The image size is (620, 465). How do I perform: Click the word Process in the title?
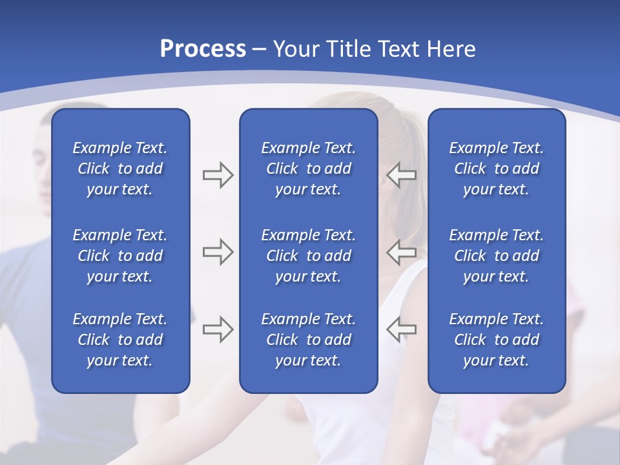coord(203,49)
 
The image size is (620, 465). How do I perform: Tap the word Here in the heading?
coord(450,49)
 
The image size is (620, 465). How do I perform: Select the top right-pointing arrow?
coord(218,175)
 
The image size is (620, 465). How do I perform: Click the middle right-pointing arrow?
coord(218,252)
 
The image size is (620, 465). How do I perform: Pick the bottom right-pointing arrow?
coord(218,329)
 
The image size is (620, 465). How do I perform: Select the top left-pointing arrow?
coord(402,175)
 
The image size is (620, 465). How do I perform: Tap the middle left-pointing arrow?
coord(402,252)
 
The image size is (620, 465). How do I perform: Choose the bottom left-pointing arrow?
coord(402,329)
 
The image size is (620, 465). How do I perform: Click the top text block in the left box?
coord(120,169)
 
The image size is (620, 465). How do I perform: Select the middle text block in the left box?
coord(120,256)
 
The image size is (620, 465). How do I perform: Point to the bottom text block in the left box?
coord(120,340)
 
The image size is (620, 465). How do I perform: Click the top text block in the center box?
coord(308,169)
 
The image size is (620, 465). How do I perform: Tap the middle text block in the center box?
coord(308,256)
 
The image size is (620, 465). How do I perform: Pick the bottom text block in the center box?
coord(308,340)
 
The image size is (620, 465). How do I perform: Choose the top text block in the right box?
coord(496,169)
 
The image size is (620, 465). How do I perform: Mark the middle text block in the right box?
coord(496,256)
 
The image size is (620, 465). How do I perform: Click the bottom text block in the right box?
coord(496,340)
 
